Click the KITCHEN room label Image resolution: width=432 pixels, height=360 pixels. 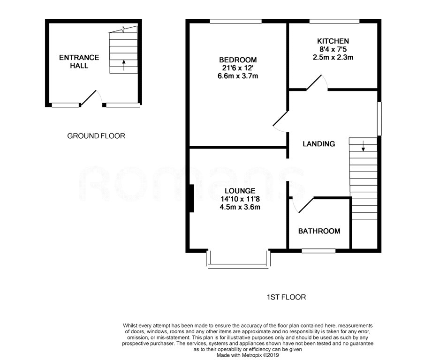(333, 41)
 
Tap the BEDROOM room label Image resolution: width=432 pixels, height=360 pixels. (238, 60)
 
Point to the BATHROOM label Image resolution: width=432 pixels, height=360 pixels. (319, 231)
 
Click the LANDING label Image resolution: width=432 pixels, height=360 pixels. (318, 144)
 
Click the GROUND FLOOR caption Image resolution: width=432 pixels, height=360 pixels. (96, 136)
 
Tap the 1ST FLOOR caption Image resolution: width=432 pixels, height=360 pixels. (286, 297)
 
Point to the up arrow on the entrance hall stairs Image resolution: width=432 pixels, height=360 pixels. (124, 64)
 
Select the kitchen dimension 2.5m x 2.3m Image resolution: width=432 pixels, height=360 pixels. (333, 58)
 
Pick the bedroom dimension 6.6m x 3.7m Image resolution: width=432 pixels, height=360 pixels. (238, 76)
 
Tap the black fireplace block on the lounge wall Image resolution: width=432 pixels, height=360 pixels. (191, 198)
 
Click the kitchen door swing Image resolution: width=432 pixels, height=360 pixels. (317, 82)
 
